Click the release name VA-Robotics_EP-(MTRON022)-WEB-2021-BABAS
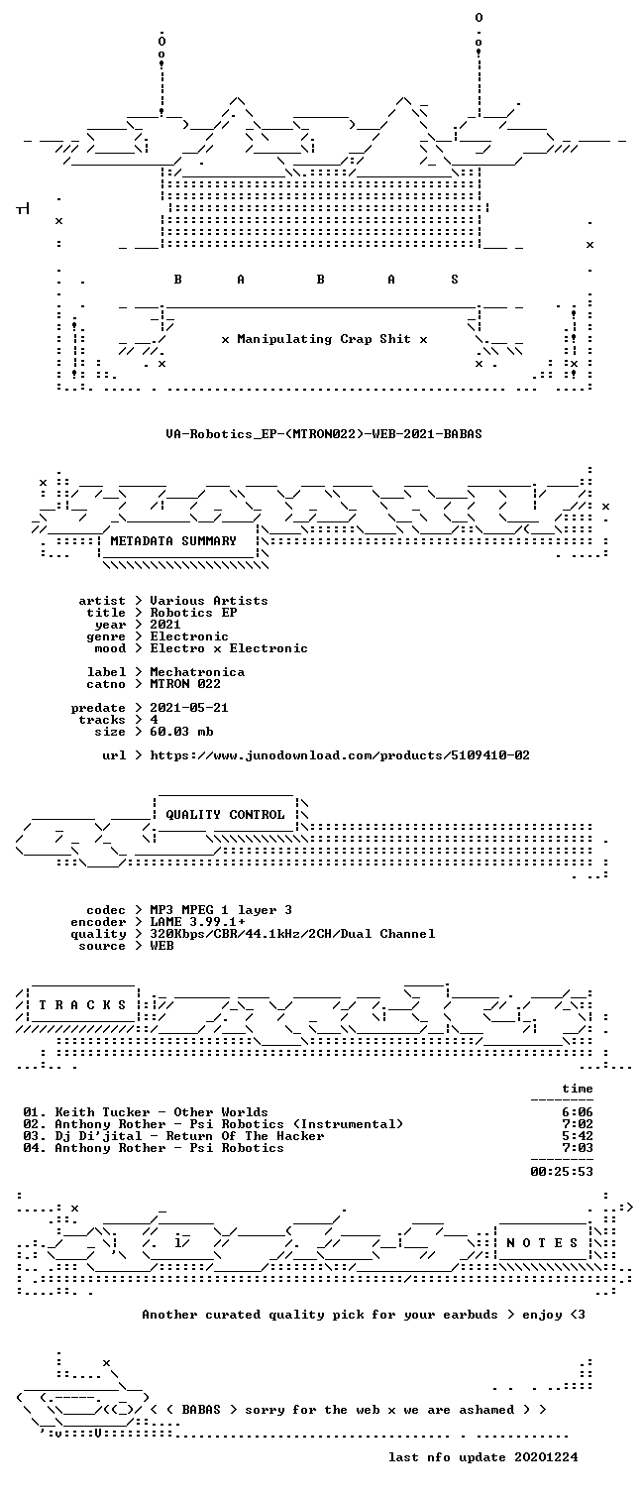pos(324,433)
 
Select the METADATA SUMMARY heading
pos(173,540)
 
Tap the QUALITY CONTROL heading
pos(225,814)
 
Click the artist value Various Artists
pos(209,601)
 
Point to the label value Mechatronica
pos(197,672)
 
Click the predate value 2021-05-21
pos(189,708)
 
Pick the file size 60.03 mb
pos(181,732)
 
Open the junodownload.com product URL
pos(340,755)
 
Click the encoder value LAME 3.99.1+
pos(197,922)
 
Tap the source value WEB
pos(161,946)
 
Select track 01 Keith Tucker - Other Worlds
pos(146,1112)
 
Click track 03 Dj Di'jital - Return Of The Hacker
pos(174,1135)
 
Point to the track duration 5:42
pos(578,1135)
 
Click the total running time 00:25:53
pos(562,1172)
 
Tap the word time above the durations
pos(578,1089)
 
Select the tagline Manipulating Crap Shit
pos(324,339)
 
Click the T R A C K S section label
pos(82,1005)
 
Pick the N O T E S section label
pos(542,1242)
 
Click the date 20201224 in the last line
pos(546,1456)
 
